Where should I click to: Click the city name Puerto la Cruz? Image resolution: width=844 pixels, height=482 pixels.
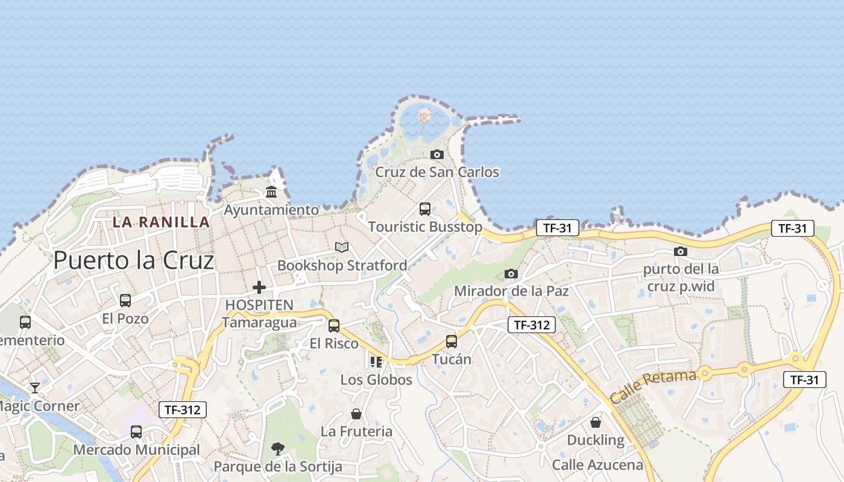click(133, 260)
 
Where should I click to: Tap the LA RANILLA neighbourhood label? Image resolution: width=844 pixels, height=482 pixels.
click(161, 222)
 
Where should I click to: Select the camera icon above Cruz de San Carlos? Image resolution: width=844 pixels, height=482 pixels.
click(437, 155)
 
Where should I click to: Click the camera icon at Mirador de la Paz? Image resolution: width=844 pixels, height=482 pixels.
click(511, 274)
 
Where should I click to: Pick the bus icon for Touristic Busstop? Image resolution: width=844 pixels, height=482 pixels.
click(425, 209)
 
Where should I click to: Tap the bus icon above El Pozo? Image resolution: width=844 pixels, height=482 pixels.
click(125, 301)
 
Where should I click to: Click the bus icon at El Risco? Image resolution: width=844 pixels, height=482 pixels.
click(334, 326)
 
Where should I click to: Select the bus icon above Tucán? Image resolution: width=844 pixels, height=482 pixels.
click(452, 342)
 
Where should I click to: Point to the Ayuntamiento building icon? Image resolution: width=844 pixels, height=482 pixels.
click(271, 192)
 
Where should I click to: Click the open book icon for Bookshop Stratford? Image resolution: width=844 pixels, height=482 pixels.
click(342, 247)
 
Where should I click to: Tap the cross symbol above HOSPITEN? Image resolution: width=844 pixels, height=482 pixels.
click(259, 287)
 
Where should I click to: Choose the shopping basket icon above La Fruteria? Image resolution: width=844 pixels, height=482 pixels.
click(356, 414)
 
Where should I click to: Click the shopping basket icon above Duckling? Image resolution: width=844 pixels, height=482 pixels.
click(596, 422)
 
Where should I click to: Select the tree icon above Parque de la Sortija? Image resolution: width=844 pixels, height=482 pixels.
click(278, 448)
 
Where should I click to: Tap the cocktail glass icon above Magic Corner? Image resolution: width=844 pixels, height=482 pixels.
click(35, 387)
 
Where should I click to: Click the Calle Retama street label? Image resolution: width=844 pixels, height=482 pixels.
click(653, 386)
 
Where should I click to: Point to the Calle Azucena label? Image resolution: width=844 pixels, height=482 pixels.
click(597, 465)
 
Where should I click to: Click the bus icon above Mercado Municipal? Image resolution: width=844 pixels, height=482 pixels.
click(136, 432)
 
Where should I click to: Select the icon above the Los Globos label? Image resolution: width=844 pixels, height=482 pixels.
click(376, 361)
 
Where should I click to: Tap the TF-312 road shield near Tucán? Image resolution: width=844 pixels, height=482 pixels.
click(531, 325)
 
